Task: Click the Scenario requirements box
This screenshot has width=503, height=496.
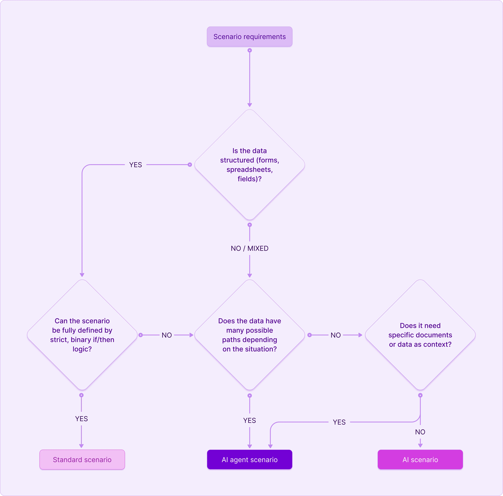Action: point(250,36)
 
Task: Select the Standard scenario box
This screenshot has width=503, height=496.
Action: point(82,460)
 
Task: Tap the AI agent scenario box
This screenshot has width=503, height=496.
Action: point(250,460)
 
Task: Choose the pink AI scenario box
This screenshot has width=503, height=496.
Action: point(420,460)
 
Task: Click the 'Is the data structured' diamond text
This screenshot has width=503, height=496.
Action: point(250,165)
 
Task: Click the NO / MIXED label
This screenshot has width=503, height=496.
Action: point(250,248)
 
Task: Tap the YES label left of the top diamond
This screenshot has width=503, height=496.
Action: point(136,165)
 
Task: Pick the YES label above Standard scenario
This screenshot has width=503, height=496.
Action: point(81,419)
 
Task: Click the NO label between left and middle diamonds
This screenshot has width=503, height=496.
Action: point(167,335)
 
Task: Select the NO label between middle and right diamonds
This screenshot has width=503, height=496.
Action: point(336,335)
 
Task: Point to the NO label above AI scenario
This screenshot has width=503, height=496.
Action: point(420,432)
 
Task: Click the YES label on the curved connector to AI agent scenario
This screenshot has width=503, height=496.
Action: point(339,422)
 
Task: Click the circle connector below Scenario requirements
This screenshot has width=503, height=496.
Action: point(250,50)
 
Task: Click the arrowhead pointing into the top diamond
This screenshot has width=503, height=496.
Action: point(250,105)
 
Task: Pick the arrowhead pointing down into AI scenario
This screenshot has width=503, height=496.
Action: point(420,445)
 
